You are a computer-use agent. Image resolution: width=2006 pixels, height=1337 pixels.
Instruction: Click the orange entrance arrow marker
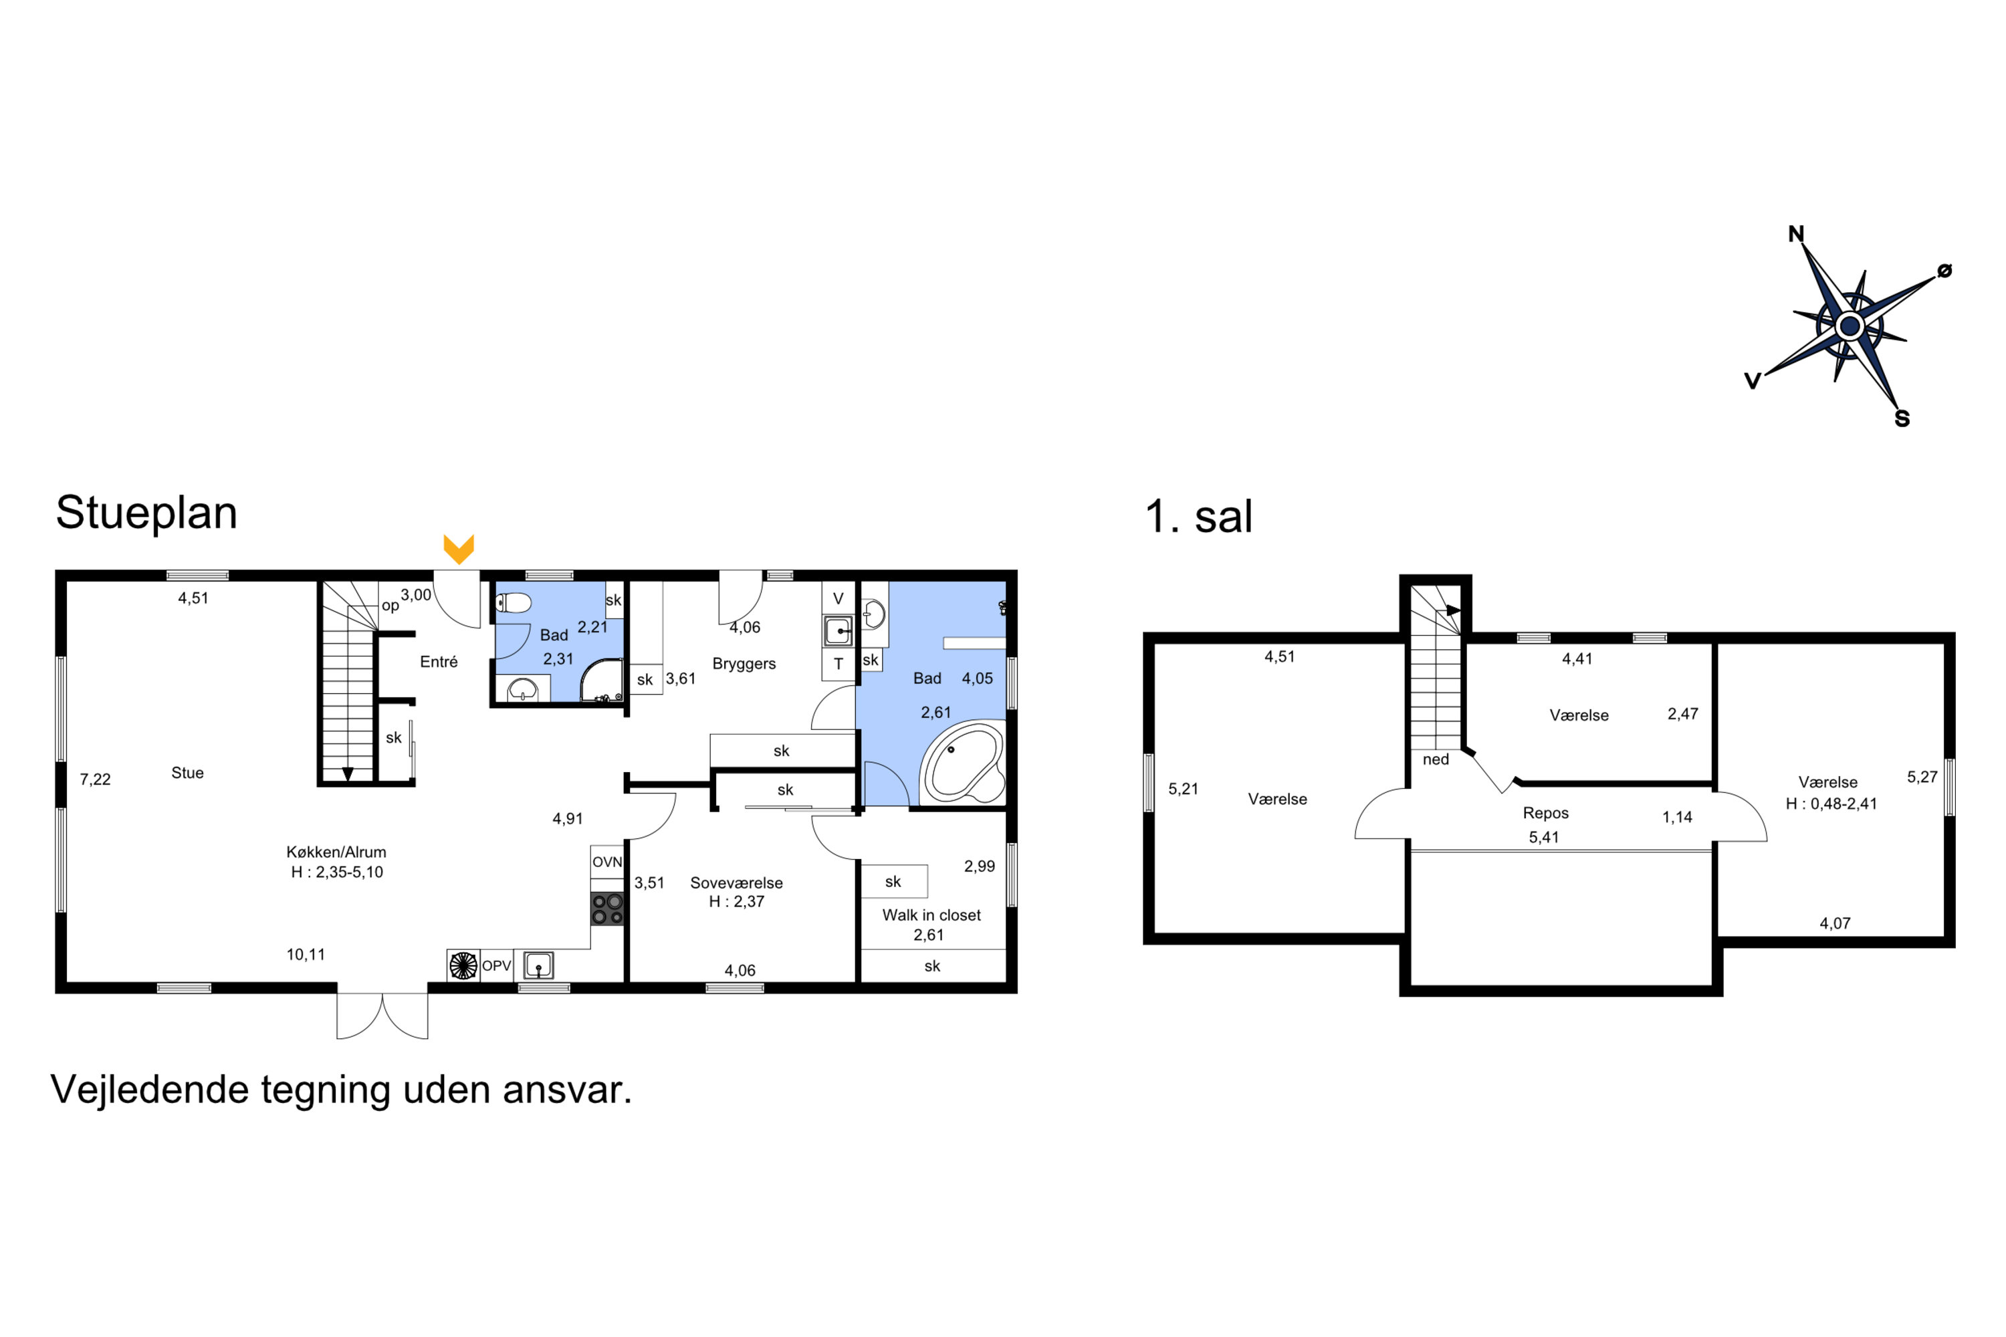coord(459,549)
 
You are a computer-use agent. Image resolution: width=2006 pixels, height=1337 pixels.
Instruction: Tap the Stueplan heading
coord(146,513)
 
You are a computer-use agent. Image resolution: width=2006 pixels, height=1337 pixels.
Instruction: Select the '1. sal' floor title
coord(1198,516)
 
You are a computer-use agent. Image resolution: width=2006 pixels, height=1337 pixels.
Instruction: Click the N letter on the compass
coord(1796,233)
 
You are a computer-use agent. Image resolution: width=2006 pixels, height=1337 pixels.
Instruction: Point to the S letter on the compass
coord(1902,418)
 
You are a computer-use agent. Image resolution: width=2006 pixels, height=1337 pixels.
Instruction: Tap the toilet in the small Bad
coord(514,603)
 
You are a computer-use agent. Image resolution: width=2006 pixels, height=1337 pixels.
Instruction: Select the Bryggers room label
coord(744,663)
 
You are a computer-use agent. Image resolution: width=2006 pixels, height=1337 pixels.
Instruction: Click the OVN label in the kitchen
coord(607,862)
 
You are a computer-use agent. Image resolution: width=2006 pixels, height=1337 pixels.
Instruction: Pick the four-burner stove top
coord(607,909)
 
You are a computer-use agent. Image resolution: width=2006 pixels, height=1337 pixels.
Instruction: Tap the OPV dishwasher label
coord(496,966)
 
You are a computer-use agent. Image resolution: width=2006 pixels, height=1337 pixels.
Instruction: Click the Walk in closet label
coord(931,915)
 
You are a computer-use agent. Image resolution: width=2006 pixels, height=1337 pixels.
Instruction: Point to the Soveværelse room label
coord(736,882)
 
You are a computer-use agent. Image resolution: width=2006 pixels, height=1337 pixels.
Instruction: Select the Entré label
coord(439,662)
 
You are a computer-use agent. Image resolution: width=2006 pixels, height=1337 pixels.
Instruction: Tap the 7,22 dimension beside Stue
coord(96,779)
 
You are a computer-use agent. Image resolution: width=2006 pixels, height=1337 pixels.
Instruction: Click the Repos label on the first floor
coord(1545,814)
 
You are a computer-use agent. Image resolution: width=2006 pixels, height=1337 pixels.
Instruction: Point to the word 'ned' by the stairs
coord(1436,759)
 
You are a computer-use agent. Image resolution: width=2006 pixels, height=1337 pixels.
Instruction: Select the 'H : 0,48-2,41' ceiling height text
coord(1831,804)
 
